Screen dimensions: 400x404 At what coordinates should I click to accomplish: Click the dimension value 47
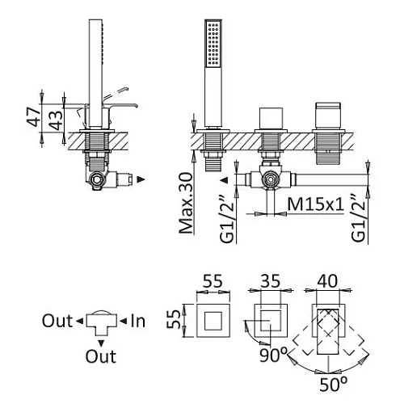(33, 116)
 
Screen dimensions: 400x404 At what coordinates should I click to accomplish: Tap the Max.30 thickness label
(186, 204)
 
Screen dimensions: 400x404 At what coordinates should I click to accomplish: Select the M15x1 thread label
(315, 204)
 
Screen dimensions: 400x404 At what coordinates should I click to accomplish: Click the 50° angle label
(333, 384)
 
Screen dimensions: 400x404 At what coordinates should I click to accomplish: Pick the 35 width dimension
(271, 281)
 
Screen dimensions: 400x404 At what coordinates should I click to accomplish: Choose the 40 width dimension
(327, 281)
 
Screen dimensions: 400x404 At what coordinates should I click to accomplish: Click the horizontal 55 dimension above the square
(213, 281)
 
